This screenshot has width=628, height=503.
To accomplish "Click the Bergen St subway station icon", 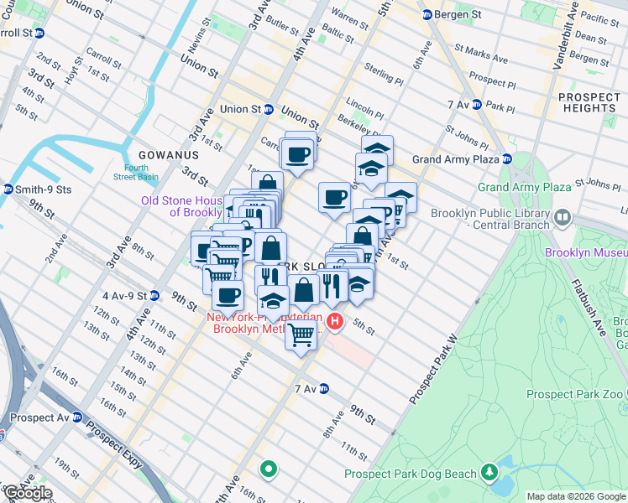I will [x=427, y=14].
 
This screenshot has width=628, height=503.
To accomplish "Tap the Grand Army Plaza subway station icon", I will [x=507, y=159].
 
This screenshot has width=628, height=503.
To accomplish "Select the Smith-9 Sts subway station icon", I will [x=8, y=189].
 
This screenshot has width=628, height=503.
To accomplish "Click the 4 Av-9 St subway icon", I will [x=154, y=295].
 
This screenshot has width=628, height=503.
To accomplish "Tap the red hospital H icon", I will [x=336, y=321].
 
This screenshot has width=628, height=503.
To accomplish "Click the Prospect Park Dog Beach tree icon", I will [x=489, y=474].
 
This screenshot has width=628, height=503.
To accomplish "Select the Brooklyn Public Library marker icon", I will [x=563, y=219].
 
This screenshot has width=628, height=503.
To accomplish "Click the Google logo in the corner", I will [x=28, y=493].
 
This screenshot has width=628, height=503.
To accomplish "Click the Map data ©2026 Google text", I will [x=577, y=496].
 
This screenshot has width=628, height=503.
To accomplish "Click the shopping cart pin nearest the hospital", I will [x=301, y=335].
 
